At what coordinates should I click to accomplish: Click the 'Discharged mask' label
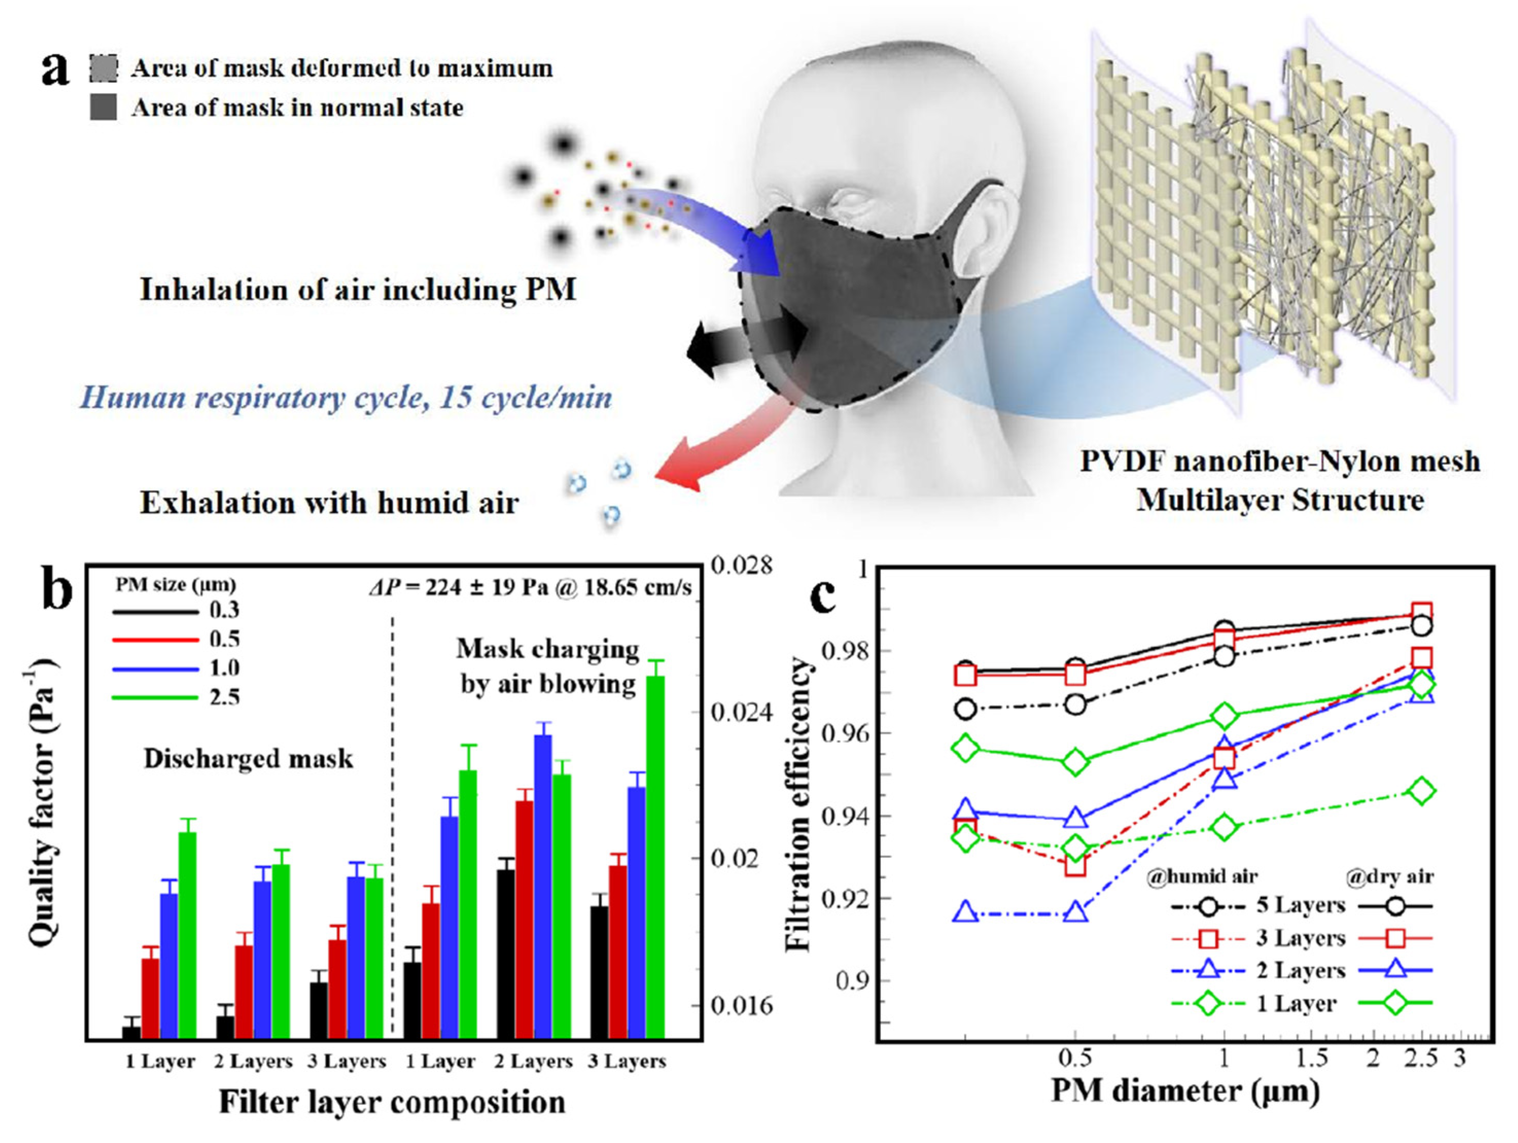pos(249,759)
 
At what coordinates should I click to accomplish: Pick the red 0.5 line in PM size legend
pos(156,639)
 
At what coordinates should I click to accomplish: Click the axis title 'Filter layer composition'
pos(393,1102)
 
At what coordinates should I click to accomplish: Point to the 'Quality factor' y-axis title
pos(43,802)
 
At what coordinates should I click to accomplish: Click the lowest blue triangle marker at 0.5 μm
pos(1076,912)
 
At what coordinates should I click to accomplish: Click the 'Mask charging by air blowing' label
pos(548,666)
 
